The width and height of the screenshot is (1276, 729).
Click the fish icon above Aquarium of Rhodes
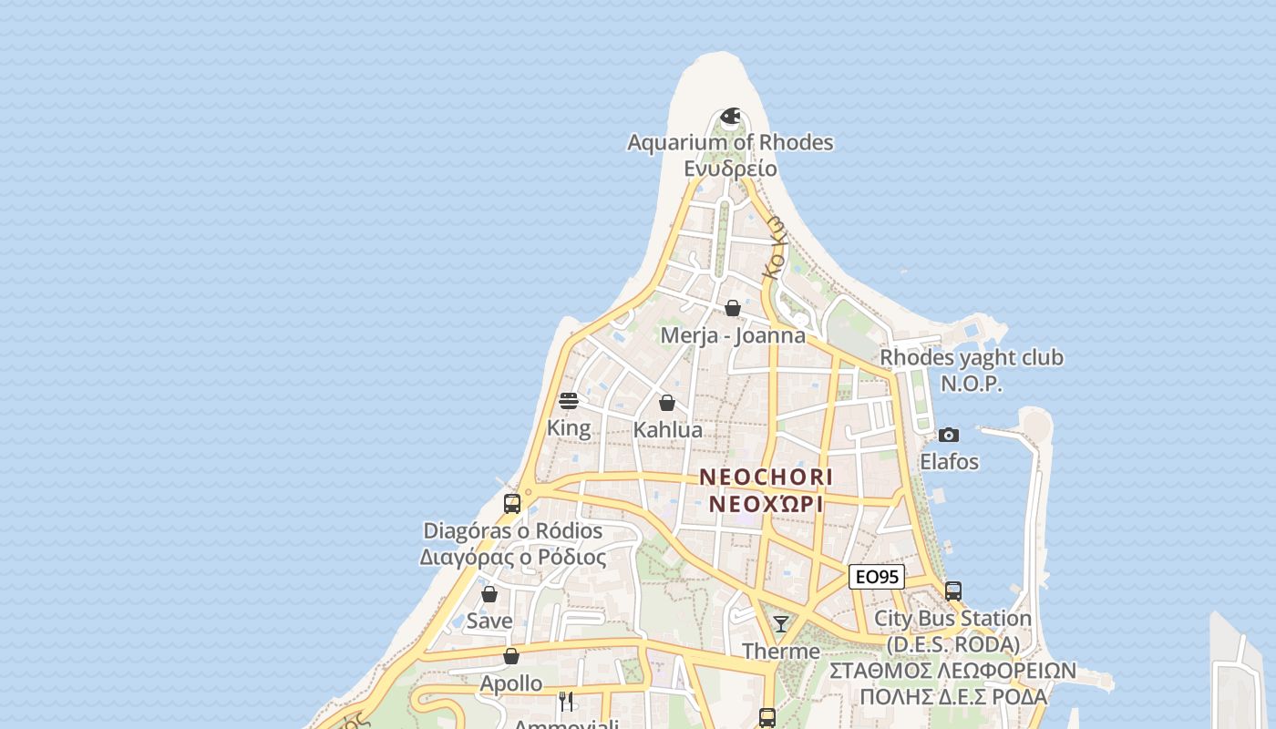point(730,117)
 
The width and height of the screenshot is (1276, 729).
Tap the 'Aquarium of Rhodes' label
point(730,142)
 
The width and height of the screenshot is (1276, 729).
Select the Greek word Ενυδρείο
point(730,169)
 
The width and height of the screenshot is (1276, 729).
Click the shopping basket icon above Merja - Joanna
point(733,309)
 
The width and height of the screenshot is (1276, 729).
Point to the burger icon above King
point(569,401)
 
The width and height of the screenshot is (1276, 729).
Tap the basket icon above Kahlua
point(667,403)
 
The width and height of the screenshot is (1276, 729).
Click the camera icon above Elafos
point(949,436)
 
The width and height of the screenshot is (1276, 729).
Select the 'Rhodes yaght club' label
point(971,357)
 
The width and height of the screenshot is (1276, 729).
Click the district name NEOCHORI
point(767,477)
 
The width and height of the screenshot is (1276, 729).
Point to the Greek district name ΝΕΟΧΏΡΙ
point(767,504)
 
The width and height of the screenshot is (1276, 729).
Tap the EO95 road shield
point(876,577)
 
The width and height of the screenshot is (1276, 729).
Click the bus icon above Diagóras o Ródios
point(512,504)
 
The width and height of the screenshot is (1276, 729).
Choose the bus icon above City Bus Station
point(953,591)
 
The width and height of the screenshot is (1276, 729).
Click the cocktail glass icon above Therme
point(781,624)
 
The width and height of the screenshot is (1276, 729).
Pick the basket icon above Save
point(489,594)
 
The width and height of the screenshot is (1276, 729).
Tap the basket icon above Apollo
point(511,656)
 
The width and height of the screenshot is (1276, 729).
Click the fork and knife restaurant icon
point(566,701)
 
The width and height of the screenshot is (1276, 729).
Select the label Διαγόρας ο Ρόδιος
point(513,557)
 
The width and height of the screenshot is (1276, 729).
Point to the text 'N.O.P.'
point(971,384)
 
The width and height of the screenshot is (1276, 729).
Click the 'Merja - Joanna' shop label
point(733,335)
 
